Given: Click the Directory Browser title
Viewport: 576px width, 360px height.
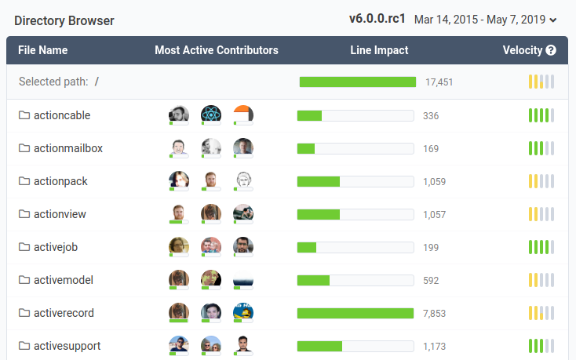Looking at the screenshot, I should pos(64,21).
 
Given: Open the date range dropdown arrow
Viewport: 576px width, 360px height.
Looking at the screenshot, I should pos(554,20).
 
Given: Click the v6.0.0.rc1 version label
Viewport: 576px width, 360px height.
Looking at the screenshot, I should pos(377,18).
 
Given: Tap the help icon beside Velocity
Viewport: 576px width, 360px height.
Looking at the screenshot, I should pos(551,51).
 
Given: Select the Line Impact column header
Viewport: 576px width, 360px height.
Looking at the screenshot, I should pos(379,50).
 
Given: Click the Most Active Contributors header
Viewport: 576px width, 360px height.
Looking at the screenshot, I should pos(217,50).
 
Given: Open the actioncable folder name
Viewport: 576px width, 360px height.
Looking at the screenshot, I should pos(62,115).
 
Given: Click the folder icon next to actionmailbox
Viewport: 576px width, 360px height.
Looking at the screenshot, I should pos(24,148).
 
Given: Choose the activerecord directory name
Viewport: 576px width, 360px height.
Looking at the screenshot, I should pos(64,313).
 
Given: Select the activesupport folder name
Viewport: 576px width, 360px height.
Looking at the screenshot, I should pos(67,346).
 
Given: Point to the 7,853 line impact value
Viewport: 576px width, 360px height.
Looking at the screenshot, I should pos(434,314).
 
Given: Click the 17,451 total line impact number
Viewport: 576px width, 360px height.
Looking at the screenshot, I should pos(439,82).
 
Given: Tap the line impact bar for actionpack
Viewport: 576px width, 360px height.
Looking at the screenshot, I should pos(355,182).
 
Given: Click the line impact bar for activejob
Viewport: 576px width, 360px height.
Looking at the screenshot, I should pos(355,248).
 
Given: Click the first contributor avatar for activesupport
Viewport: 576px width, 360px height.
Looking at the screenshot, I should pos(179,345).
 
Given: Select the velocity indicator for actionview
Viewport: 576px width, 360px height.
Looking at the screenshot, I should pos(541,214).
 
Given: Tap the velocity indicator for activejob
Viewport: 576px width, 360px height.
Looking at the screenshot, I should pos(541,247).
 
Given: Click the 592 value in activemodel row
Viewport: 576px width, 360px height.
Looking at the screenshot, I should pos(431,281).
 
